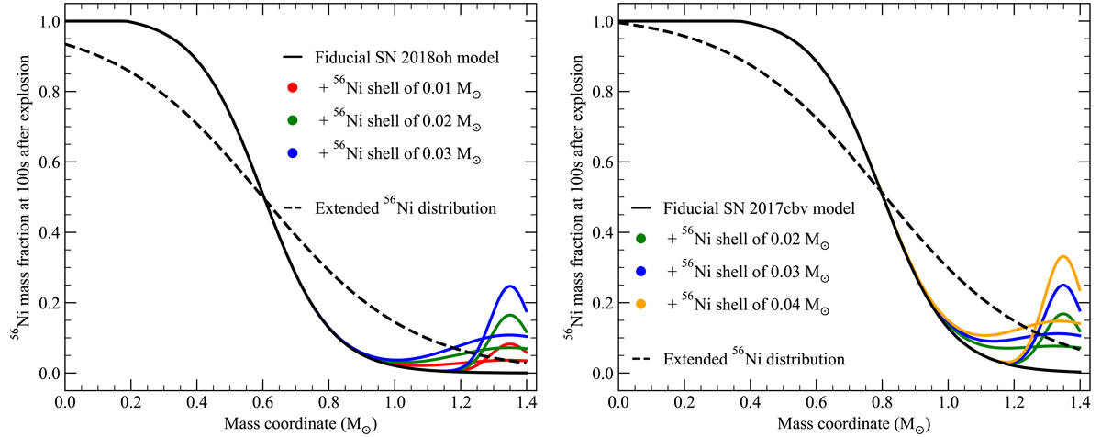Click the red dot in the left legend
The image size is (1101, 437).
coord(293,87)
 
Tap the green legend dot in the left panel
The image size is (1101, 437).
coord(293,120)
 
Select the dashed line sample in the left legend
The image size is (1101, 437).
coord(293,208)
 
